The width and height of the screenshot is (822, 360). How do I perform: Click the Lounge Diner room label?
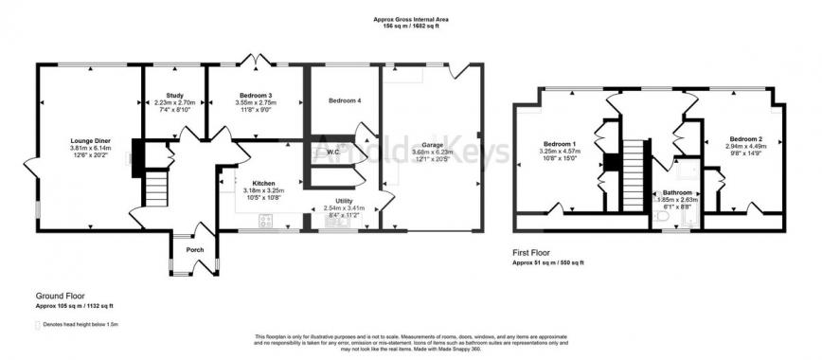pyautogui.click(x=90, y=138)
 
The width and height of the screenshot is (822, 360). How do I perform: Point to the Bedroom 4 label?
pyautogui.click(x=344, y=100)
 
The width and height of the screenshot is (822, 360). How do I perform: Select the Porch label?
pyautogui.click(x=195, y=250)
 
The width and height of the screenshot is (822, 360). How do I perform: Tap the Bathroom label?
pyautogui.click(x=676, y=193)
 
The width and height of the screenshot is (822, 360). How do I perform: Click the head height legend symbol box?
pyautogui.click(x=40, y=325)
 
